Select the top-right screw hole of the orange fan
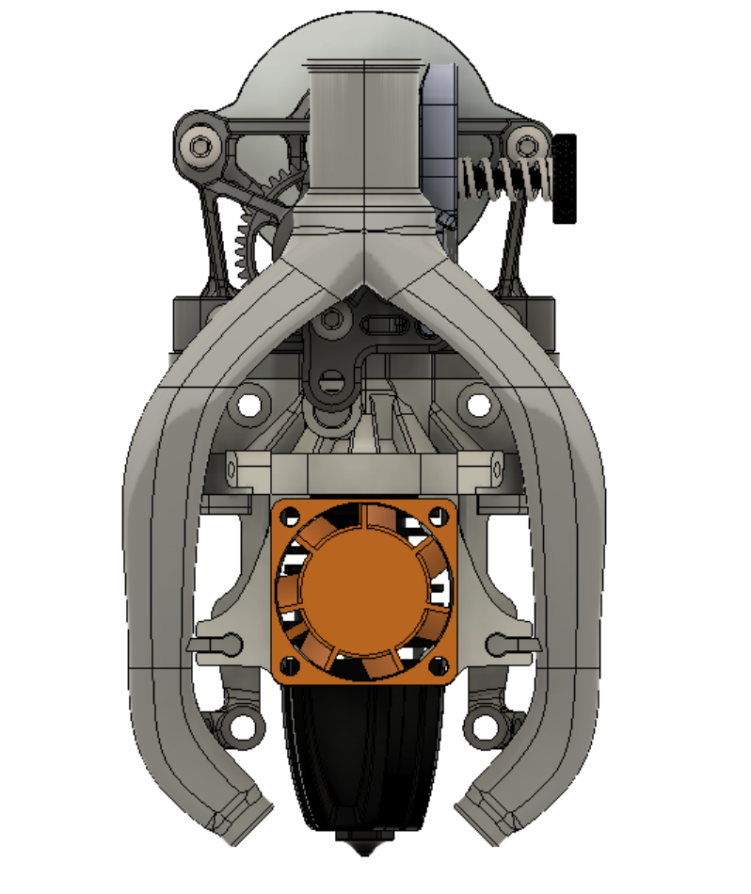click(436, 515)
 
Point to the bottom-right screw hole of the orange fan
click(436, 664)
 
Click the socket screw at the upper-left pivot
click(200, 146)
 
